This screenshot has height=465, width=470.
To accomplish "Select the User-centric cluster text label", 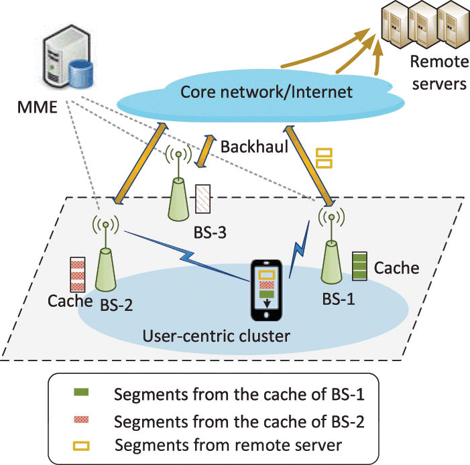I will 217,334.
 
